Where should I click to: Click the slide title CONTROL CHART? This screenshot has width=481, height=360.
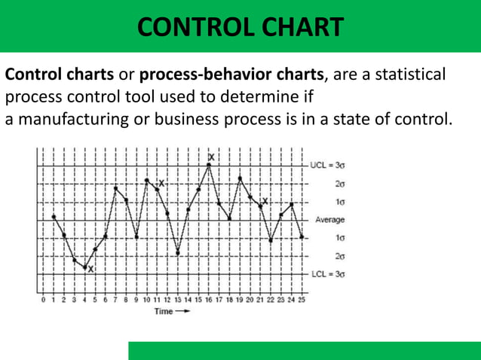coord(240,28)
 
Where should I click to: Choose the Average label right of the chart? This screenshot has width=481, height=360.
coord(329,220)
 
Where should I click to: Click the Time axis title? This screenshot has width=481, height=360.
coord(164,311)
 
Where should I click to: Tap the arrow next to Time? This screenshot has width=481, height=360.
coord(183,311)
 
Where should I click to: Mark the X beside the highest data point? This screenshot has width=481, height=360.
coord(211,157)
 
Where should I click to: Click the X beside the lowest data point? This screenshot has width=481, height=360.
coord(90,269)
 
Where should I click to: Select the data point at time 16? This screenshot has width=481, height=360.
coord(209,166)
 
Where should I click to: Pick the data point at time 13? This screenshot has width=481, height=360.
coord(178,253)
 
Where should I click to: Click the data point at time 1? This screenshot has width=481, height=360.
coord(54,217)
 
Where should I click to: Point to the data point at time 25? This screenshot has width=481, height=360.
coord(302,236)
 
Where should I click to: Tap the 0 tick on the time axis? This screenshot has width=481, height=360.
coord(44,300)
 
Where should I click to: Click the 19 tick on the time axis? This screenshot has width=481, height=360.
coord(240,300)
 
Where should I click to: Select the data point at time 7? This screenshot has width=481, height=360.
coord(115,188)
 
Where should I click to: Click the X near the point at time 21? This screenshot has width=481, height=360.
coord(265,201)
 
